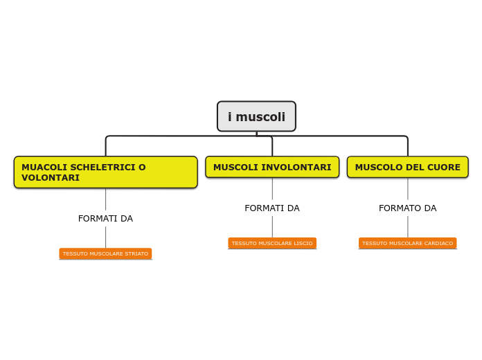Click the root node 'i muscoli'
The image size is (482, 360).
(256, 116)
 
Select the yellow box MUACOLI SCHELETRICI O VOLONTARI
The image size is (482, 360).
(105, 172)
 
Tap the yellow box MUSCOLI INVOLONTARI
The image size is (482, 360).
(272, 167)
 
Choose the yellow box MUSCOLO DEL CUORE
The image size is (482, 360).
(407, 167)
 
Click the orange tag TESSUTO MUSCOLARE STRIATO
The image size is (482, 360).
(105, 254)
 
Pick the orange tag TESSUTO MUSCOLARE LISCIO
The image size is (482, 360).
(272, 244)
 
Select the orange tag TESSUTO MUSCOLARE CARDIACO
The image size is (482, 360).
(407, 244)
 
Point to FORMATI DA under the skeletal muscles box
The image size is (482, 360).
(105, 219)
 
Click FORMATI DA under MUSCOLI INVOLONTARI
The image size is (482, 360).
(272, 208)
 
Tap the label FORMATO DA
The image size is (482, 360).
(407, 208)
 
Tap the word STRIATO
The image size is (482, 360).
(136, 254)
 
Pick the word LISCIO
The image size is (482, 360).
(303, 244)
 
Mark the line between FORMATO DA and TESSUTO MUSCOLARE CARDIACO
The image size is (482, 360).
(407, 226)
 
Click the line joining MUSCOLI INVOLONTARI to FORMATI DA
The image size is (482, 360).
(272, 189)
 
